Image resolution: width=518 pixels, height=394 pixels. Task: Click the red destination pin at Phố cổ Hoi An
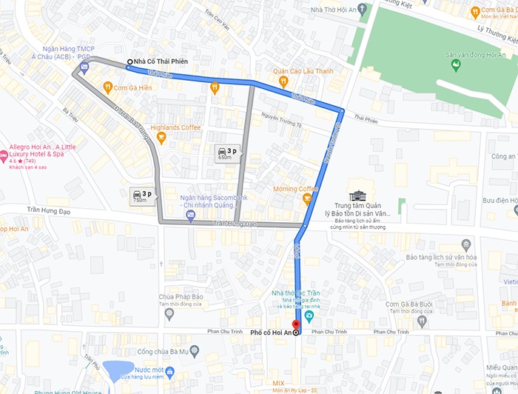click(296, 324)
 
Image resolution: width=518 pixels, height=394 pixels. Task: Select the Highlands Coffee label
click(175, 127)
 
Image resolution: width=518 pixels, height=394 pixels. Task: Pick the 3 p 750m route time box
click(140, 196)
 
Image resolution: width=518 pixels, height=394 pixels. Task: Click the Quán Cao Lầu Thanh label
click(303, 71)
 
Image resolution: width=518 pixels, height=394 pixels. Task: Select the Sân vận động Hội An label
click(473, 55)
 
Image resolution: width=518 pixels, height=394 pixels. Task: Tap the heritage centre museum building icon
click(359, 196)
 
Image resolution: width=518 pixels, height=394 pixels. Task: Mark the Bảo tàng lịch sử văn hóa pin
click(466, 244)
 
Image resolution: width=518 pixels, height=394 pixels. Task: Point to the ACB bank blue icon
click(84, 67)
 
